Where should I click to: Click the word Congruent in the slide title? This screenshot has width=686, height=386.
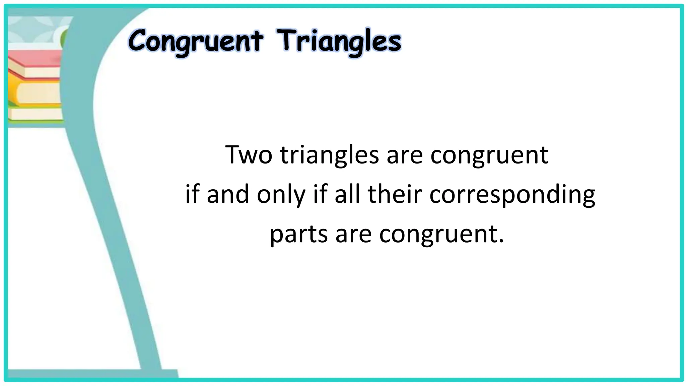click(195, 42)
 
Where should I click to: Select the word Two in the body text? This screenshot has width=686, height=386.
click(249, 155)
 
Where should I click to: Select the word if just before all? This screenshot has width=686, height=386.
click(320, 194)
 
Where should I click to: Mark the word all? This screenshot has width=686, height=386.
click(347, 194)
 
